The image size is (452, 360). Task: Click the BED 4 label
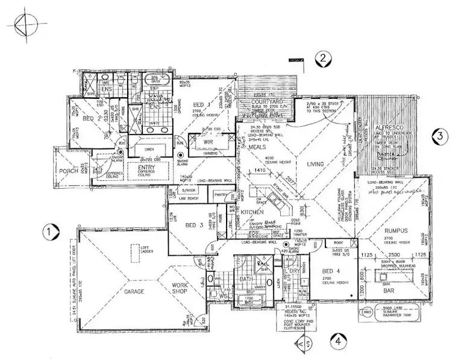[330, 271]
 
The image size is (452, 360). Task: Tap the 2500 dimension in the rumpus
[393, 255]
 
